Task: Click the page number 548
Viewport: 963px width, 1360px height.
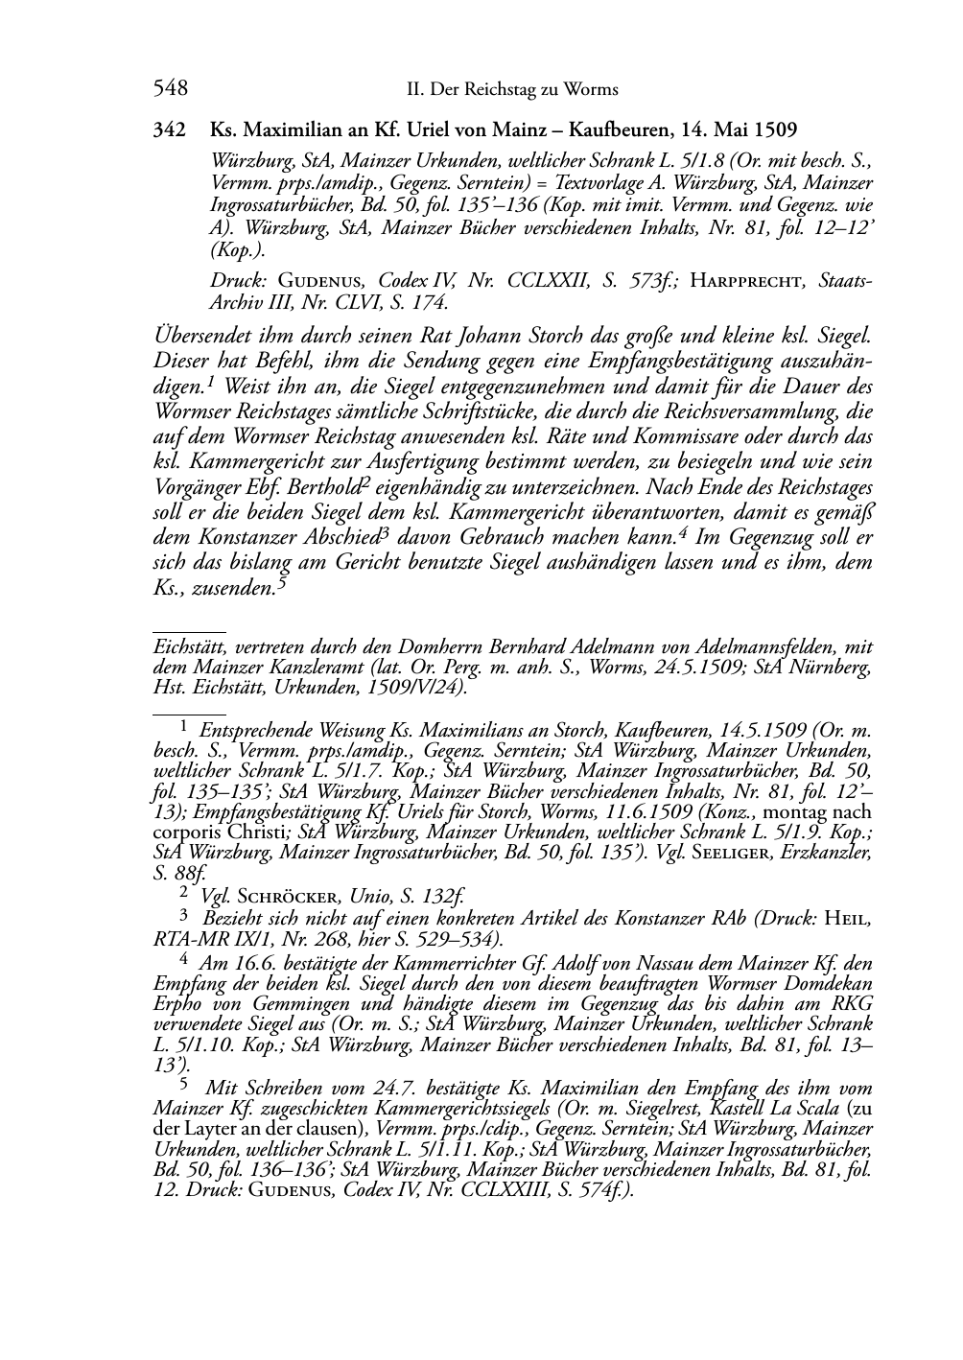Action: (170, 89)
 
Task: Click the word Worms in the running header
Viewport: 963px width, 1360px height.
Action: (591, 90)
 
